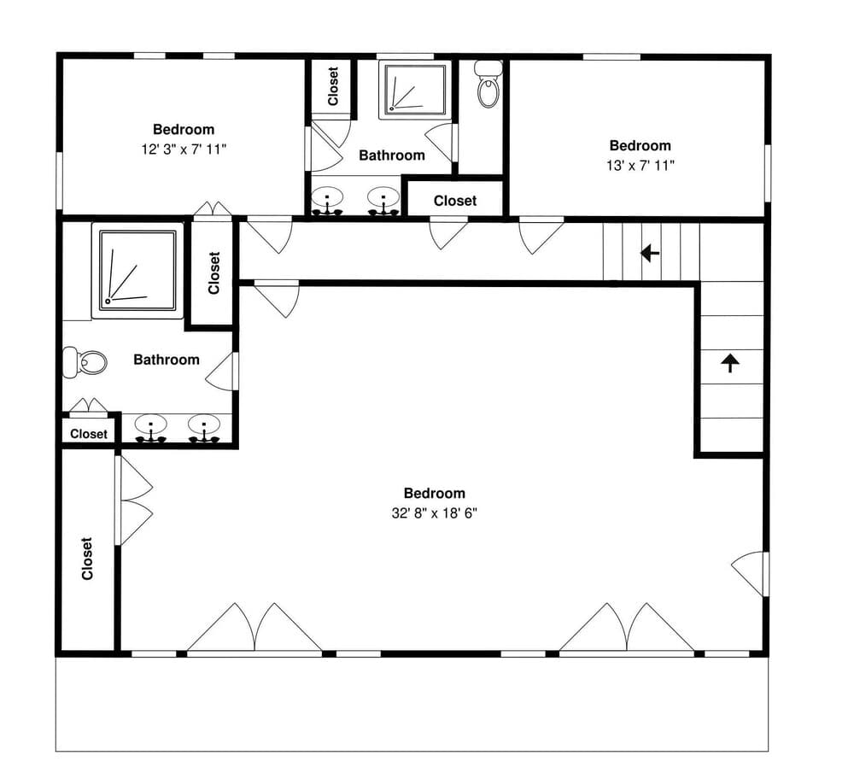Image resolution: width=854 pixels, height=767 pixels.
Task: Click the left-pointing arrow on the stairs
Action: point(650,254)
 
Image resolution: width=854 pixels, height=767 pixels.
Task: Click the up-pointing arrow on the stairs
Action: point(730,363)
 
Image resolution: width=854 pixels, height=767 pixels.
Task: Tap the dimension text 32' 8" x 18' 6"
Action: point(434,513)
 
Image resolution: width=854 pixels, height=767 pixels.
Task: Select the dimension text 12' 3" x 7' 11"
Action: point(184,149)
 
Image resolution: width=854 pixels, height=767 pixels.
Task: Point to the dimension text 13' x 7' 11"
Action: point(640,166)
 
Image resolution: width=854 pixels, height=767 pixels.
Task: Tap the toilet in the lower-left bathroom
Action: point(84,361)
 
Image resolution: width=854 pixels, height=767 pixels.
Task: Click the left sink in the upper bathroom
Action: point(327,201)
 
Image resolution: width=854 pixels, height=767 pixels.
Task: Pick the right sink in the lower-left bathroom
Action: point(204,429)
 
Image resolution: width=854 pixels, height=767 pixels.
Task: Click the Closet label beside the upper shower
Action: point(333,86)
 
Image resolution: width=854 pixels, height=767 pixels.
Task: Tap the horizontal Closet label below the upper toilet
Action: point(455,201)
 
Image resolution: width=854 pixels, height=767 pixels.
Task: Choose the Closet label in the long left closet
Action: point(86,559)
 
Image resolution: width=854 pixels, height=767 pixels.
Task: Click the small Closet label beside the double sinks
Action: point(89,434)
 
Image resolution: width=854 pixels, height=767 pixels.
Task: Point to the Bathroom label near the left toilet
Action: point(167,360)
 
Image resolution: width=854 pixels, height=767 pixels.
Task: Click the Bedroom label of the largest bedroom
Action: point(434,494)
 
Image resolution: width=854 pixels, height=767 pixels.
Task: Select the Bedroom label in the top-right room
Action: point(640,145)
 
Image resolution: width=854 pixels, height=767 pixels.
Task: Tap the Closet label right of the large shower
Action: point(214,272)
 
